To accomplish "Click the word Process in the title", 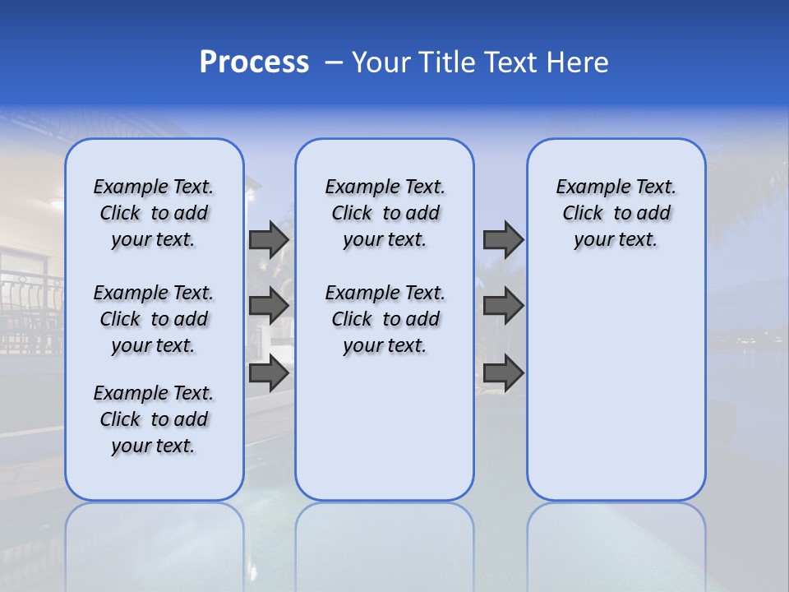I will (x=254, y=62).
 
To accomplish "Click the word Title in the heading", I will (x=446, y=62).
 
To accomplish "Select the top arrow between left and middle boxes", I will (x=269, y=239).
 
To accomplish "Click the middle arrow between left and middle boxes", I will (x=269, y=306).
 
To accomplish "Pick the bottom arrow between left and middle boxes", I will (x=269, y=373).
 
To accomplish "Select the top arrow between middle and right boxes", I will (x=503, y=239).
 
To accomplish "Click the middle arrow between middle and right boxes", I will (x=503, y=306).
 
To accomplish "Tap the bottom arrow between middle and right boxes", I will (x=503, y=373).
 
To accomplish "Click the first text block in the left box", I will (x=154, y=213).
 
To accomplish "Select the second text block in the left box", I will (x=154, y=319).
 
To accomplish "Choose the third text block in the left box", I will (x=154, y=419).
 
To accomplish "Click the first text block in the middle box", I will (x=385, y=213).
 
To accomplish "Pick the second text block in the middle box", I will (x=385, y=319).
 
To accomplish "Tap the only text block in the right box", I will (x=616, y=213).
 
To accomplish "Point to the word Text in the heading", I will (x=510, y=62).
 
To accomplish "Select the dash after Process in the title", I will (x=334, y=62).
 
